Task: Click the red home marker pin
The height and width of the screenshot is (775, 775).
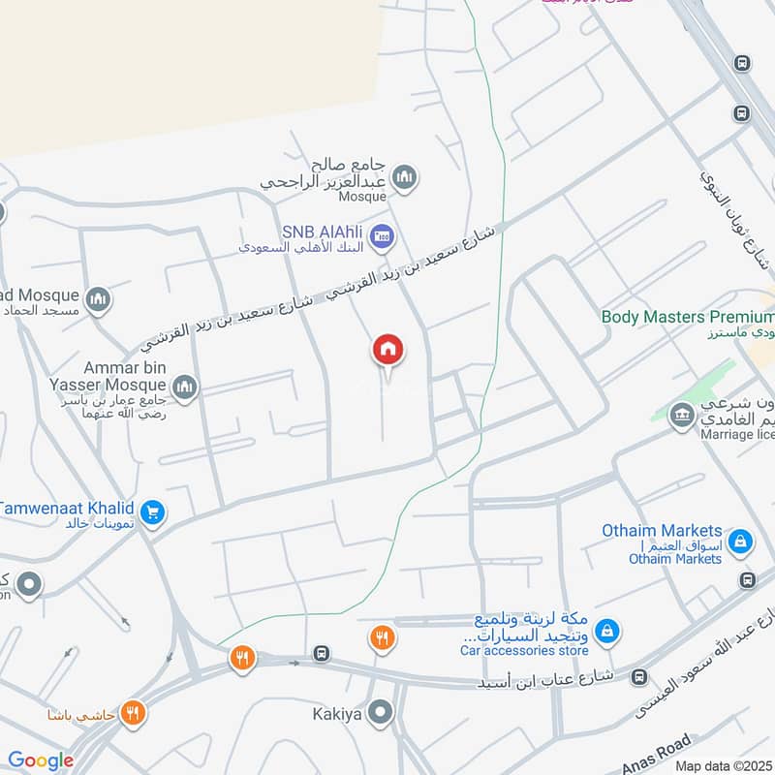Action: [387, 350]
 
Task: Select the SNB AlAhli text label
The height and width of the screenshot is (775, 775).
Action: [323, 232]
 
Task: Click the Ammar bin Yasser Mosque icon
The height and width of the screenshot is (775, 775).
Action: [184, 387]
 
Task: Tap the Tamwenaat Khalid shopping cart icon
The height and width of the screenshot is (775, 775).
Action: [151, 511]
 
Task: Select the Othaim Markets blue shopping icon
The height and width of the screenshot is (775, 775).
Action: [739, 540]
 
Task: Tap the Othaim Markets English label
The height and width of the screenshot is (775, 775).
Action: [663, 531]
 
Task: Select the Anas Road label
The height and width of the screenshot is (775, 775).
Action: [660, 752]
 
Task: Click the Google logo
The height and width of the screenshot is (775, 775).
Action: [41, 760]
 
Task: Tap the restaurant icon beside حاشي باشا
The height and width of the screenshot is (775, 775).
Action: [134, 714]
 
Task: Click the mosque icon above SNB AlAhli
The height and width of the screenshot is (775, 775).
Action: [405, 176]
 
